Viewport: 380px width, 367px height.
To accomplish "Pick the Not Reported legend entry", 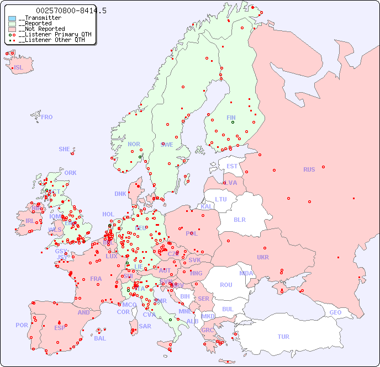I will pyautogui.click(x=41, y=29).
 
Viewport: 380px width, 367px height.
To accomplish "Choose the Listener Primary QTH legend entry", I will pyautogui.click(x=50, y=34).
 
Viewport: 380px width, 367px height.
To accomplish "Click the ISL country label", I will pyautogui.click(x=19, y=68).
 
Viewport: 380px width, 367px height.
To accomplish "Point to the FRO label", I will pyautogui.click(x=47, y=117).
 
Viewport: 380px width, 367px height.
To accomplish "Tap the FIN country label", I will pyautogui.click(x=231, y=118).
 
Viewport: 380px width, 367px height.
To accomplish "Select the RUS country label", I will pyautogui.click(x=309, y=169).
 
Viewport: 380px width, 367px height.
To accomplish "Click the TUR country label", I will pyautogui.click(x=283, y=337).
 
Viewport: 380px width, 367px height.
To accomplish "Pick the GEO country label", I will pyautogui.click(x=335, y=312).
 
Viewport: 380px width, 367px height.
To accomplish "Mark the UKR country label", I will pyautogui.click(x=263, y=257).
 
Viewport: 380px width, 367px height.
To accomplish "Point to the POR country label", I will pyautogui.click(x=22, y=325).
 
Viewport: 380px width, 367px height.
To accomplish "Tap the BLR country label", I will pyautogui.click(x=239, y=219).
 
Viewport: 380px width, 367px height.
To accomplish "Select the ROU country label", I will pyautogui.click(x=226, y=285).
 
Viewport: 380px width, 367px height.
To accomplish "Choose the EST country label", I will pyautogui.click(x=232, y=166).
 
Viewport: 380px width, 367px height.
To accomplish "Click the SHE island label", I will pyautogui.click(x=64, y=149).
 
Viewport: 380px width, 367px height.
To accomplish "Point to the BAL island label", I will pyautogui.click(x=99, y=338).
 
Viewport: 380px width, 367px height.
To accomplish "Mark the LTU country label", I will pyautogui.click(x=221, y=199).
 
